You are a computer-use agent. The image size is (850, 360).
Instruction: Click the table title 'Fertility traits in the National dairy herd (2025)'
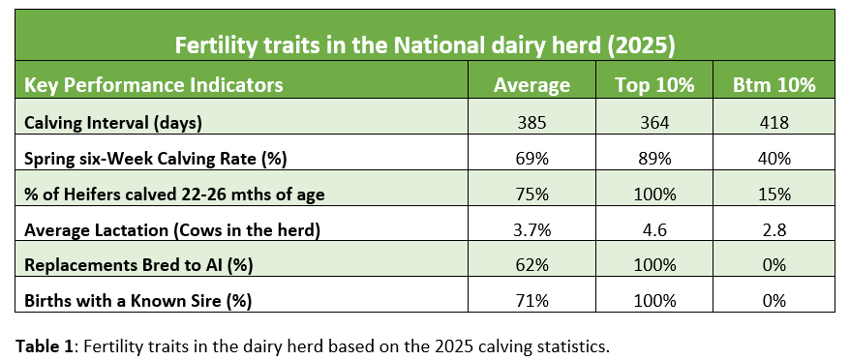pos(424,46)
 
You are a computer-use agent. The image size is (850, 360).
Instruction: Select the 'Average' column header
pos(531,85)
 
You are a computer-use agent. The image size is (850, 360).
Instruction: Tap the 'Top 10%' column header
pos(654,85)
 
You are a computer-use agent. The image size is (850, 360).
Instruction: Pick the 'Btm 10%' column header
pos(775,85)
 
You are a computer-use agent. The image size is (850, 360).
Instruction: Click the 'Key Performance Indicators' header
pos(154,85)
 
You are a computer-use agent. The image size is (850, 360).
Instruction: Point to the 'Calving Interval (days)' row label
pos(113,123)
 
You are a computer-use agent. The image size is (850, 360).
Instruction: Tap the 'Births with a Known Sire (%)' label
pos(138,301)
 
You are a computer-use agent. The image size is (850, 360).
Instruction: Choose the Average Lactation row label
pos(172,230)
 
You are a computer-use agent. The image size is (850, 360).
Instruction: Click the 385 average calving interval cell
pos(531,123)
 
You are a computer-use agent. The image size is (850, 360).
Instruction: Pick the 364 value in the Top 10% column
pos(654,123)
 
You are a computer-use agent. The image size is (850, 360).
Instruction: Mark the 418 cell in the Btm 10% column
pos(775,123)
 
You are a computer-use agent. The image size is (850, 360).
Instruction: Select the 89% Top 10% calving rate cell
pos(654,159)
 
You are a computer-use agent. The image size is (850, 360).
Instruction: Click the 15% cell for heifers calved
pos(775,195)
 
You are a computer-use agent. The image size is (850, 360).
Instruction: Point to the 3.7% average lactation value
pos(531,230)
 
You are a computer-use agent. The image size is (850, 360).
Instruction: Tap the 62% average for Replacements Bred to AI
pos(531,265)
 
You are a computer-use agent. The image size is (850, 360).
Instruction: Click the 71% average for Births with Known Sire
pos(531,301)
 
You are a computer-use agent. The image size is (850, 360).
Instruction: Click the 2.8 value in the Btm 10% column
pos(775,230)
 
